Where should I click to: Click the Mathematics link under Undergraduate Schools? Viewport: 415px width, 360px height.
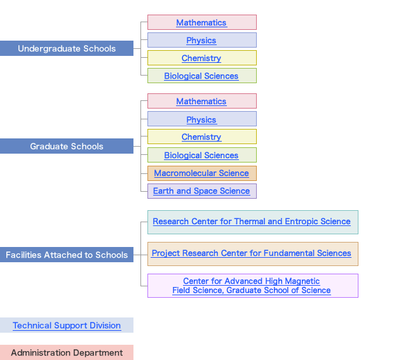(201, 23)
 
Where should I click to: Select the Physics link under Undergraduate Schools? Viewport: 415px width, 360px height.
(201, 41)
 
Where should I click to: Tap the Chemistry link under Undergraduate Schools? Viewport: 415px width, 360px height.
(201, 58)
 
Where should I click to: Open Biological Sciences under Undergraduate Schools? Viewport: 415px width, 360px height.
(201, 76)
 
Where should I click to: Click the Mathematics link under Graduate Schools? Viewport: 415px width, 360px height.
(201, 102)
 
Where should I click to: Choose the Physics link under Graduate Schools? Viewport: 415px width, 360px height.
(201, 119)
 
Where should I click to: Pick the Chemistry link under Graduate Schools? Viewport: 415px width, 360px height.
(201, 137)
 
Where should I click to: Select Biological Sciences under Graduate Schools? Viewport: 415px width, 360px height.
(201, 156)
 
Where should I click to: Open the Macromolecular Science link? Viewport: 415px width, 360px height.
(201, 173)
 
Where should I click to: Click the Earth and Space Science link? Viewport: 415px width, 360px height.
(201, 191)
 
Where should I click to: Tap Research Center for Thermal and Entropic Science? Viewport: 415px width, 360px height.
(252, 222)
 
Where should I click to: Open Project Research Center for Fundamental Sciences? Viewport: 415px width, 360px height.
(252, 253)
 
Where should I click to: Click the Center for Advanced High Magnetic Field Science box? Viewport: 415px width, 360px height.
(252, 286)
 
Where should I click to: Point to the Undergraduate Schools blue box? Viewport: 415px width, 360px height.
(67, 49)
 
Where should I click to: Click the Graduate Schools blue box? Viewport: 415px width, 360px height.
(67, 147)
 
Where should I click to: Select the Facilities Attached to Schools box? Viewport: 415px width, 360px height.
(67, 255)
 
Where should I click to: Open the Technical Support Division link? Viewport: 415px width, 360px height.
(67, 326)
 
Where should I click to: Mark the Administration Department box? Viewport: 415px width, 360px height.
(67, 353)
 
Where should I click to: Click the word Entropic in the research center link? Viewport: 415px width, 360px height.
(303, 222)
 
